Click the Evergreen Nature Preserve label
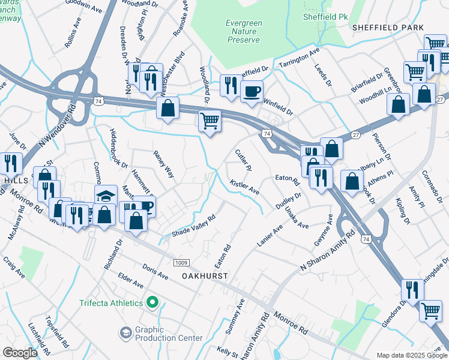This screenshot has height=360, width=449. point(243,31)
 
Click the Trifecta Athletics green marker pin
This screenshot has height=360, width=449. point(153,302)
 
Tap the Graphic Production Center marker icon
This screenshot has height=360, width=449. point(125,332)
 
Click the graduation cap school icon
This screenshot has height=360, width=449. point(106,196)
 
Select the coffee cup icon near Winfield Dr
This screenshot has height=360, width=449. point(252,91)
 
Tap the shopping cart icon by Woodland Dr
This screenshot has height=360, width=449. point(209,121)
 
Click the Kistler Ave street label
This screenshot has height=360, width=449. point(244,187)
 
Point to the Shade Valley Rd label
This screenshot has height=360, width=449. point(193,226)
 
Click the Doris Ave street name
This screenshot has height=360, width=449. point(155,271)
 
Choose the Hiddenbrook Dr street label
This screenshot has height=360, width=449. point(118,148)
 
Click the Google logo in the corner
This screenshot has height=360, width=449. point(20,353)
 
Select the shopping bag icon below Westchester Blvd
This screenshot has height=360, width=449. point(169,109)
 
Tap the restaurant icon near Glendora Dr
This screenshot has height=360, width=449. point(412,289)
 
